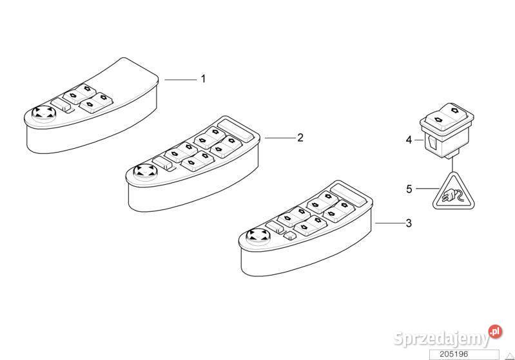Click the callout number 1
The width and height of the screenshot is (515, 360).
pyautogui.click(x=203, y=79)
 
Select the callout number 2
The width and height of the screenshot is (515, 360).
pyautogui.click(x=300, y=138)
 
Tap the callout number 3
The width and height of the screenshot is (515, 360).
pyautogui.click(x=409, y=223)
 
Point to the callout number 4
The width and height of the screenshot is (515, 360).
pyautogui.click(x=409, y=140)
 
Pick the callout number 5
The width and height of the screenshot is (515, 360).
pyautogui.click(x=409, y=189)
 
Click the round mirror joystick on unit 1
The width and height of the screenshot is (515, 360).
pyautogui.click(x=44, y=113)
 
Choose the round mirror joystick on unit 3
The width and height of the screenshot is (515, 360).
pyautogui.click(x=258, y=235)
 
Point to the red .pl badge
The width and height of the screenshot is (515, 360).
pyautogui.click(x=495, y=332)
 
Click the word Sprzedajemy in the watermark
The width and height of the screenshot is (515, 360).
pyautogui.click(x=441, y=338)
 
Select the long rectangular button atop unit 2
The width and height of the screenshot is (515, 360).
pyautogui.click(x=236, y=130)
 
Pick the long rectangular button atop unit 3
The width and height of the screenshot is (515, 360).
pyautogui.click(x=349, y=195)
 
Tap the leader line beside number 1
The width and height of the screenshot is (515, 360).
pyautogui.click(x=180, y=79)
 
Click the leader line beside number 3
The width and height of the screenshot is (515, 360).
pyautogui.click(x=390, y=223)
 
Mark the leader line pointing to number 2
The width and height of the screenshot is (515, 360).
pyautogui.click(x=280, y=138)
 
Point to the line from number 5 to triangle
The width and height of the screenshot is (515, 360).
pyautogui.click(x=427, y=188)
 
